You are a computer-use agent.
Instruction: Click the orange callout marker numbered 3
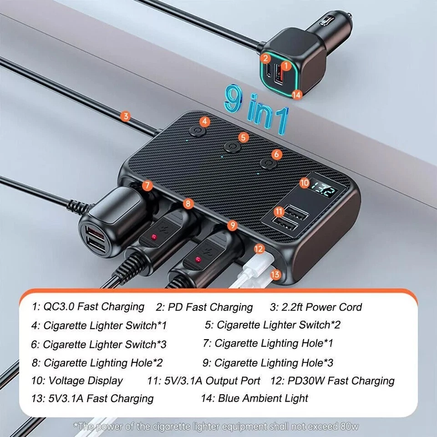[x=126, y=116]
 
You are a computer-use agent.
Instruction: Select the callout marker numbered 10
[x=305, y=183]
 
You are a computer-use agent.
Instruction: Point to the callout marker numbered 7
[x=147, y=185]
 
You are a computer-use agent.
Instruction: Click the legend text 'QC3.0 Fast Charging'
[x=93, y=306]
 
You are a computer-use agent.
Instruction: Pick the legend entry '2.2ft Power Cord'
[x=321, y=307]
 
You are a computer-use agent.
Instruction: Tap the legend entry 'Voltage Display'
[x=86, y=380]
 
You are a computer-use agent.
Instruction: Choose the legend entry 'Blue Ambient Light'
[x=263, y=398]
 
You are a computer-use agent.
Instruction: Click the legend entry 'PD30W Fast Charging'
[x=341, y=381]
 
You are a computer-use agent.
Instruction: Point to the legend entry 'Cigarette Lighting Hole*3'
[x=274, y=362]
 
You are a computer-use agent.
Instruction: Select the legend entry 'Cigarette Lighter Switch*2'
[x=278, y=325]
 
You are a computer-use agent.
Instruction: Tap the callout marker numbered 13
[x=275, y=274]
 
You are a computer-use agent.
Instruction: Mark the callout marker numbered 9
[x=232, y=224]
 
